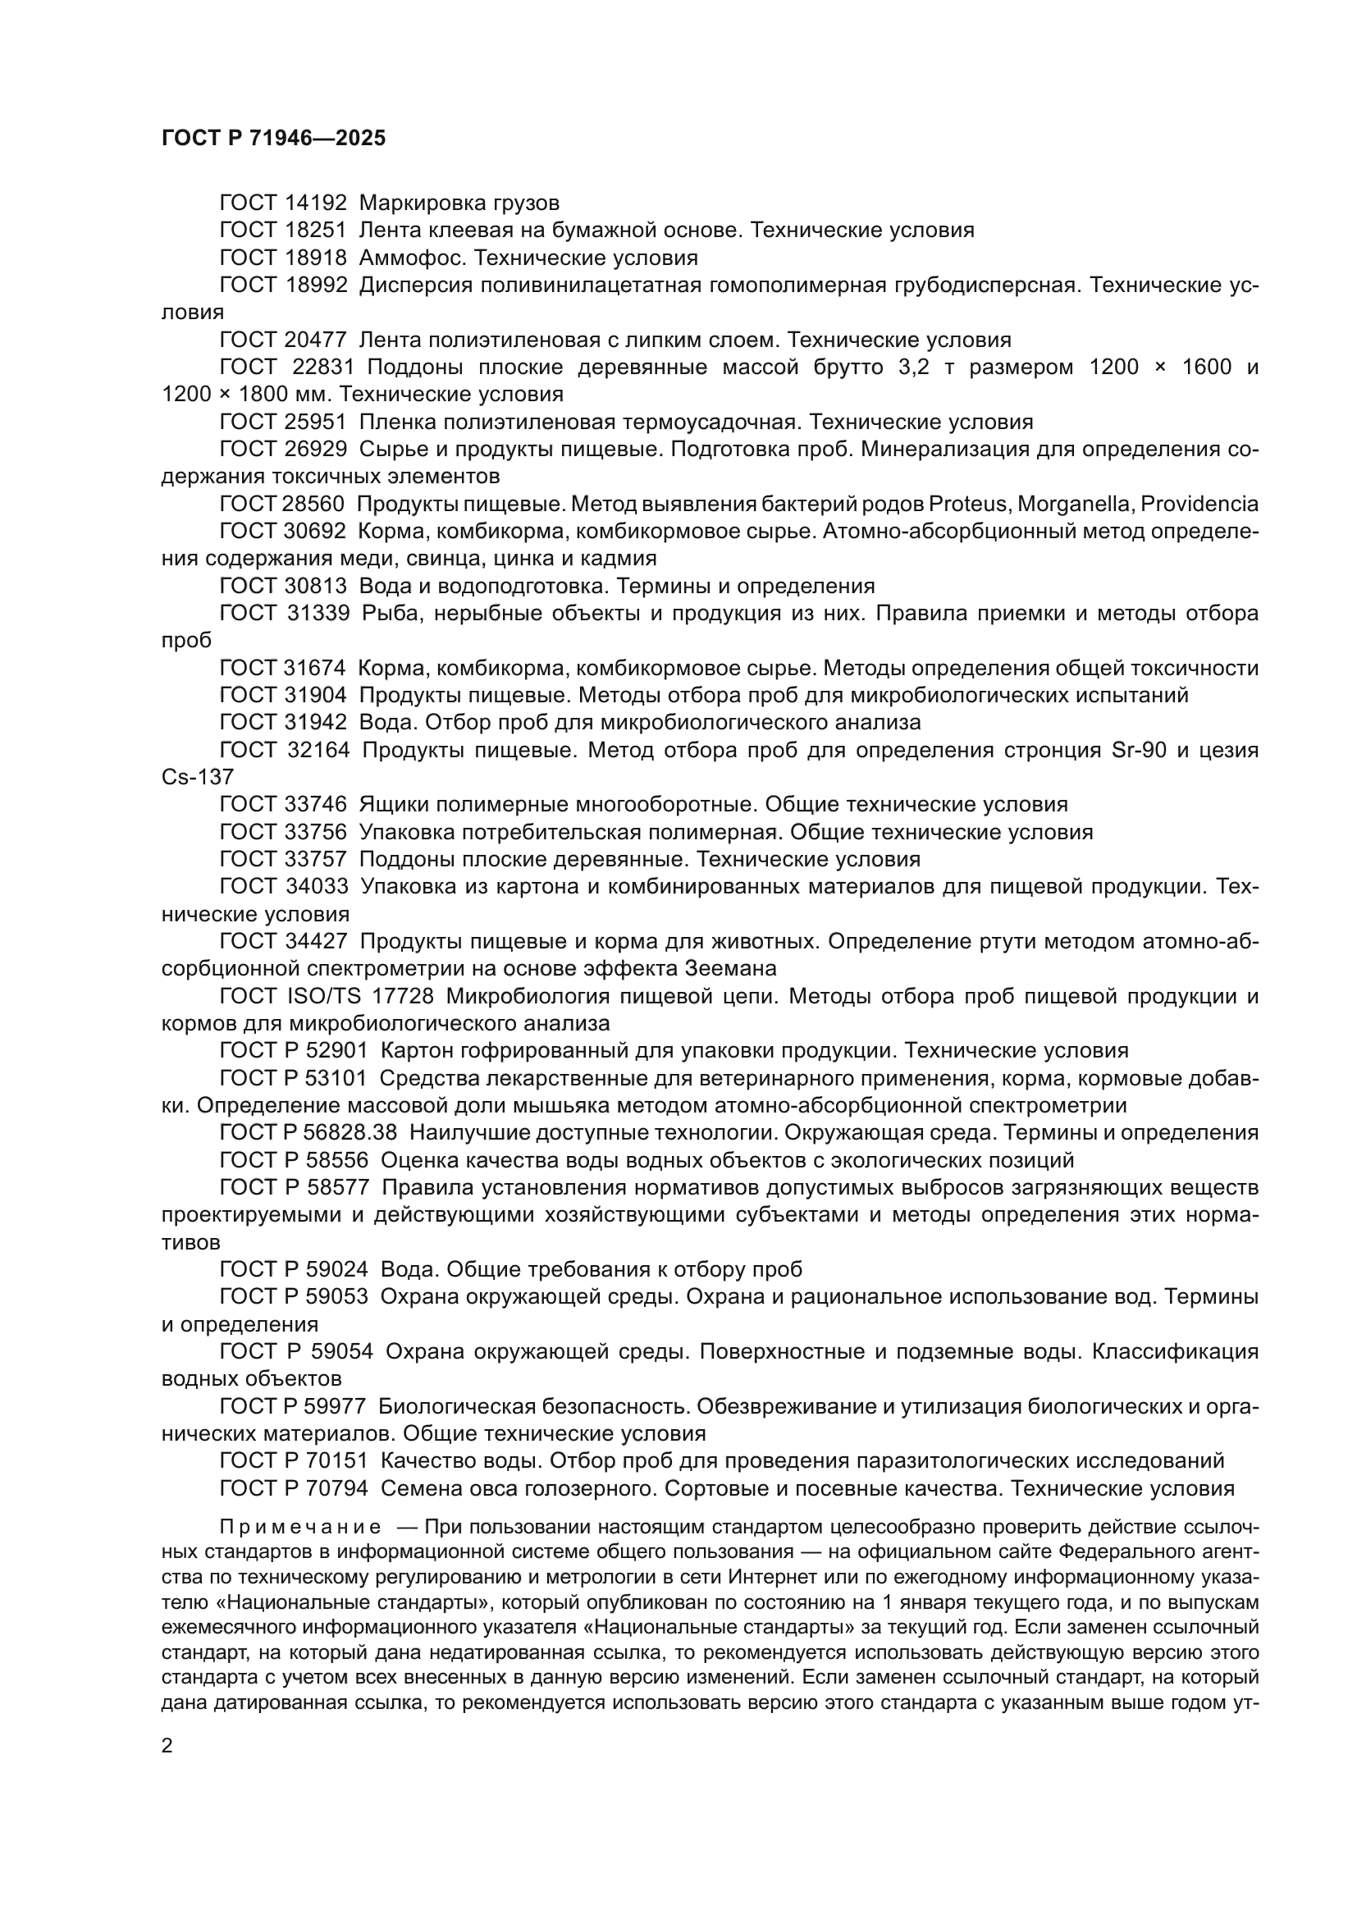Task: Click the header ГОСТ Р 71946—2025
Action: (273, 139)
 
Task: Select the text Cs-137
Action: (197, 777)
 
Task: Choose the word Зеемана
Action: (730, 969)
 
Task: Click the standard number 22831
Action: (324, 367)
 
